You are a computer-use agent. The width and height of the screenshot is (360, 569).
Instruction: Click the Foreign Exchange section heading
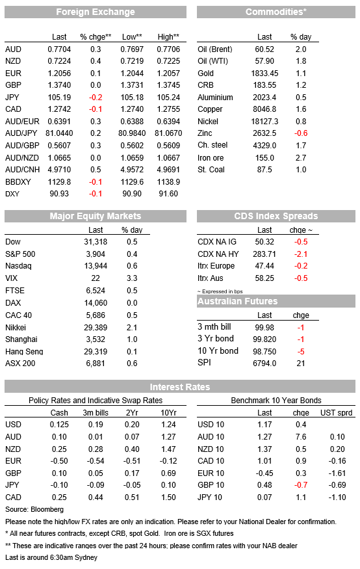coord(96,12)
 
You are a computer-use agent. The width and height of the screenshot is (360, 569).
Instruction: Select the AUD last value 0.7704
coord(59,49)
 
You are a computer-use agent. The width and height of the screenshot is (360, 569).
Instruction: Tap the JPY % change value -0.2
coord(96,98)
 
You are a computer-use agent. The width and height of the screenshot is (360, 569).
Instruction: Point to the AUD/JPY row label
coord(22,133)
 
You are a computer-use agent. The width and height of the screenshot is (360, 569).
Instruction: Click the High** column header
coord(168,36)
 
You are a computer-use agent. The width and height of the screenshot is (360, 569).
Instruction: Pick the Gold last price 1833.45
coord(264,73)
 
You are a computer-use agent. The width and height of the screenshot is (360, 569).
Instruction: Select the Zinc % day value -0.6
coord(301,133)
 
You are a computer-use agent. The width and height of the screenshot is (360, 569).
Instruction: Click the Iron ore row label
coord(211,158)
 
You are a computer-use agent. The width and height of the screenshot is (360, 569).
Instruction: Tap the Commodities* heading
coord(276,12)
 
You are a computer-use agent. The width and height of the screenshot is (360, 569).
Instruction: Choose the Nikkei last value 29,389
coord(96,327)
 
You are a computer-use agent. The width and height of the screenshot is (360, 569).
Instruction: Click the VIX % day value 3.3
coord(132,278)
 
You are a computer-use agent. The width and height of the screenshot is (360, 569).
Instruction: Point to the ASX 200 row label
coord(20,364)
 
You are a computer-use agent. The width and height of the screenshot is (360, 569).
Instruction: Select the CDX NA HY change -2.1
coord(301,254)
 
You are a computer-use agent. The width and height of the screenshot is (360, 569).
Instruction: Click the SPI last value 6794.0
coord(264,364)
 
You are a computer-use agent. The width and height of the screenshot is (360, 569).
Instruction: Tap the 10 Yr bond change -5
coord(301,351)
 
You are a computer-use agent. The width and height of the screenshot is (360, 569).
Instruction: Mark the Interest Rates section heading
coord(180,387)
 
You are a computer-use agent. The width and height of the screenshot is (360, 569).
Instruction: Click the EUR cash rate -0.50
coord(59,461)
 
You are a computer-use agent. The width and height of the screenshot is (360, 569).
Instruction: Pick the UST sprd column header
coord(337,412)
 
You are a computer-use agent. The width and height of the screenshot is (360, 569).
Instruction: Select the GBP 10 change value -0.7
coord(301,485)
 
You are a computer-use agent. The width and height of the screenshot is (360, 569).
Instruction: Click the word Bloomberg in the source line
coord(47,509)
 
